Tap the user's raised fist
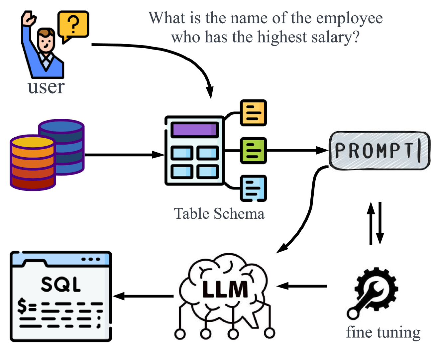[29, 18]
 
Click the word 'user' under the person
[46, 87]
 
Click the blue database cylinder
[66, 140]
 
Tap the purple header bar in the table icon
[195, 130]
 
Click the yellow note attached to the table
[253, 113]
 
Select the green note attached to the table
[253, 150]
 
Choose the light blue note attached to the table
[253, 188]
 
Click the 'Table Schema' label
[219, 214]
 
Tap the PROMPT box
[379, 150]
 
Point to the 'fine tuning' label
[383, 332]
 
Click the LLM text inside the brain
[225, 289]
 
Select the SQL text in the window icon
[60, 284]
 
